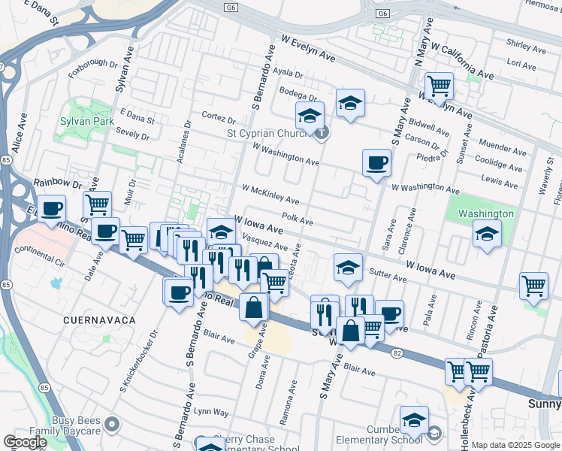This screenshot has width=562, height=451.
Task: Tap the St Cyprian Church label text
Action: pyautogui.click(x=269, y=135)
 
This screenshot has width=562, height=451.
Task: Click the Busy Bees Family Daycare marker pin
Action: pyautogui.click(x=113, y=425)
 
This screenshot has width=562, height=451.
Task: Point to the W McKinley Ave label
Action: pyautogui.click(x=270, y=195)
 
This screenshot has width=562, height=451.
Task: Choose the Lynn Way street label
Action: pyautogui.click(x=211, y=412)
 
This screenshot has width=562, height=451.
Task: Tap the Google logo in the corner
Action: pyautogui.click(x=25, y=442)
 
